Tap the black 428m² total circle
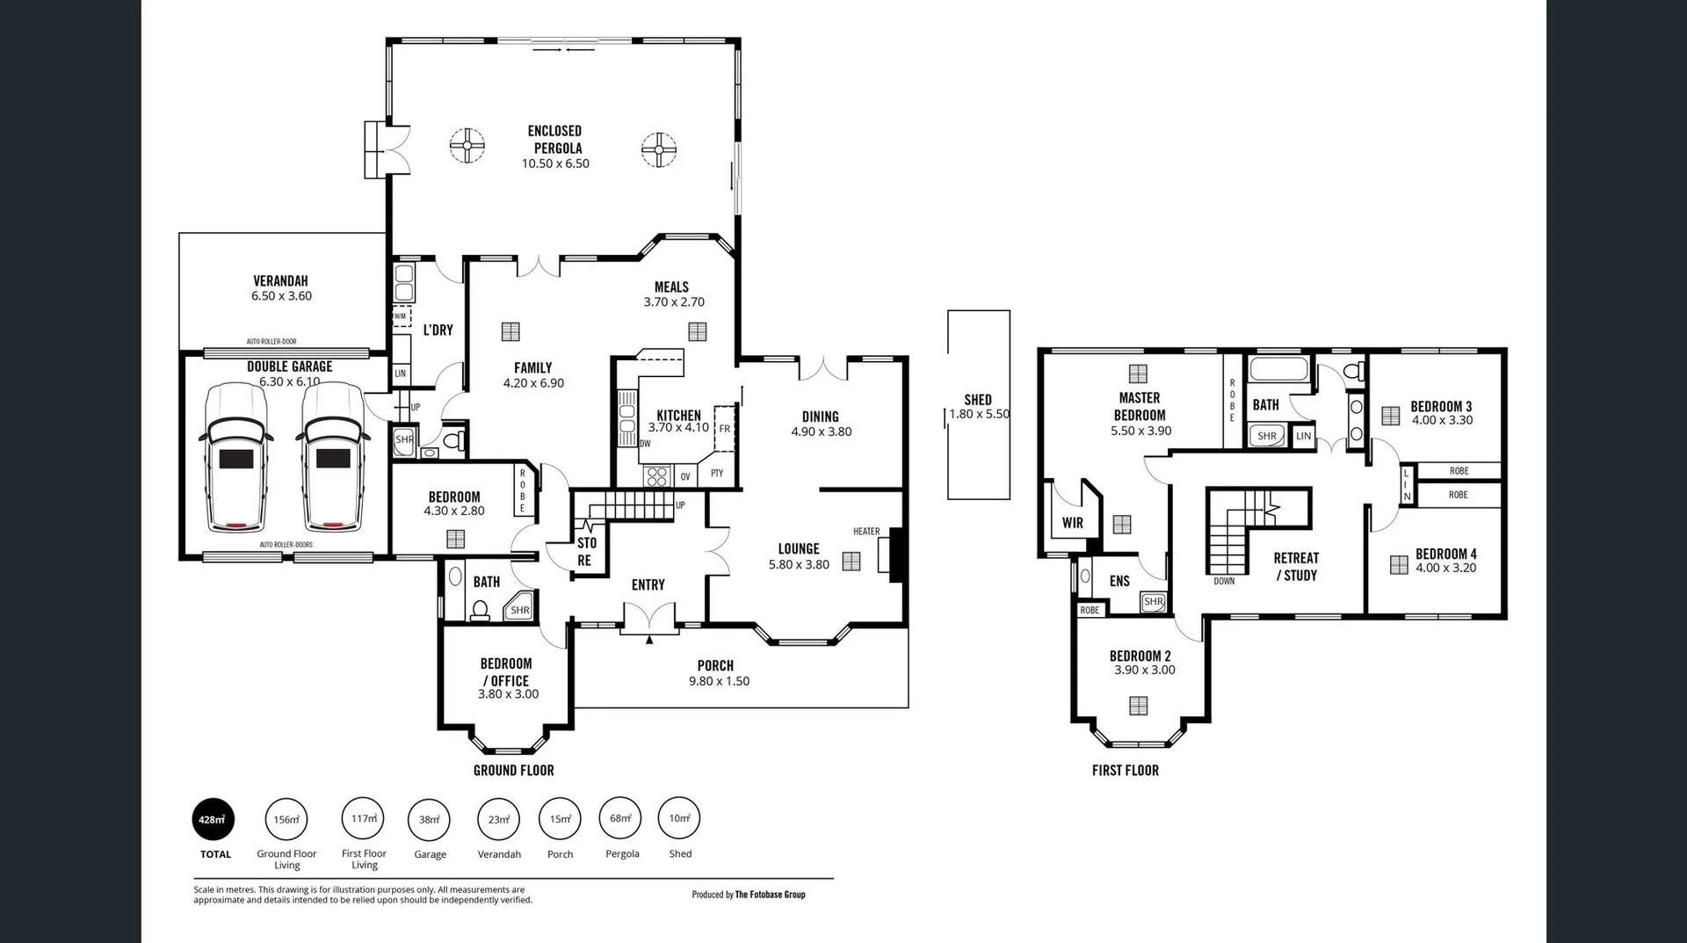click(214, 820)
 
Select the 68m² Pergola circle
click(620, 818)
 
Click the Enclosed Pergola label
click(555, 139)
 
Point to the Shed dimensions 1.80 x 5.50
click(979, 414)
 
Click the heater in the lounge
click(895, 555)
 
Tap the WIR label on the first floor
click(1072, 523)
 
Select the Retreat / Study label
click(1296, 566)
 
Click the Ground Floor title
click(513, 771)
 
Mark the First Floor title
click(1125, 771)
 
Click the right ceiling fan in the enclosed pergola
click(658, 149)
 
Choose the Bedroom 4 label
click(1445, 554)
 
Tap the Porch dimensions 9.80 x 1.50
click(719, 681)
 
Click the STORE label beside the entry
click(586, 551)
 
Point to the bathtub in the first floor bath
click(1278, 368)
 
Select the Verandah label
click(280, 281)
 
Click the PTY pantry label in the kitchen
click(717, 474)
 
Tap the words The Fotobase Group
click(770, 895)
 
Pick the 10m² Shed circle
click(679, 818)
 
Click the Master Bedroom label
click(1140, 406)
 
